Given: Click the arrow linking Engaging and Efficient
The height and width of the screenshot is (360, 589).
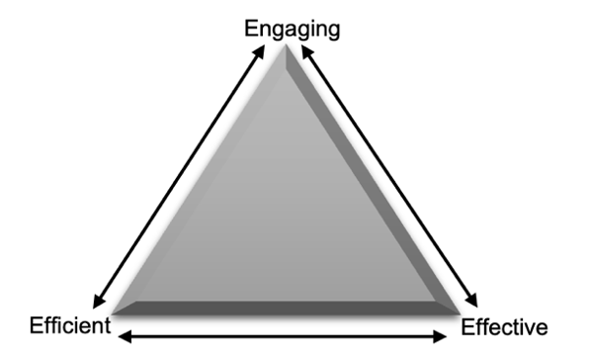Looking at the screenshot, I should (179, 177).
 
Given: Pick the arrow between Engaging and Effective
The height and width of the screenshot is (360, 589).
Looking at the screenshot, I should (390, 177).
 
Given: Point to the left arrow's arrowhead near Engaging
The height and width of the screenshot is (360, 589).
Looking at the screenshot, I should (262, 49).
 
